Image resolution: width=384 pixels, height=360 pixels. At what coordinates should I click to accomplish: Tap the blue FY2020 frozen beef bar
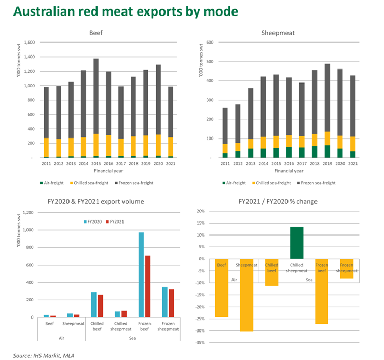tap(141, 275)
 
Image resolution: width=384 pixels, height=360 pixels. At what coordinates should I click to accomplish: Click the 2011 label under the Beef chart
tap(46, 163)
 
